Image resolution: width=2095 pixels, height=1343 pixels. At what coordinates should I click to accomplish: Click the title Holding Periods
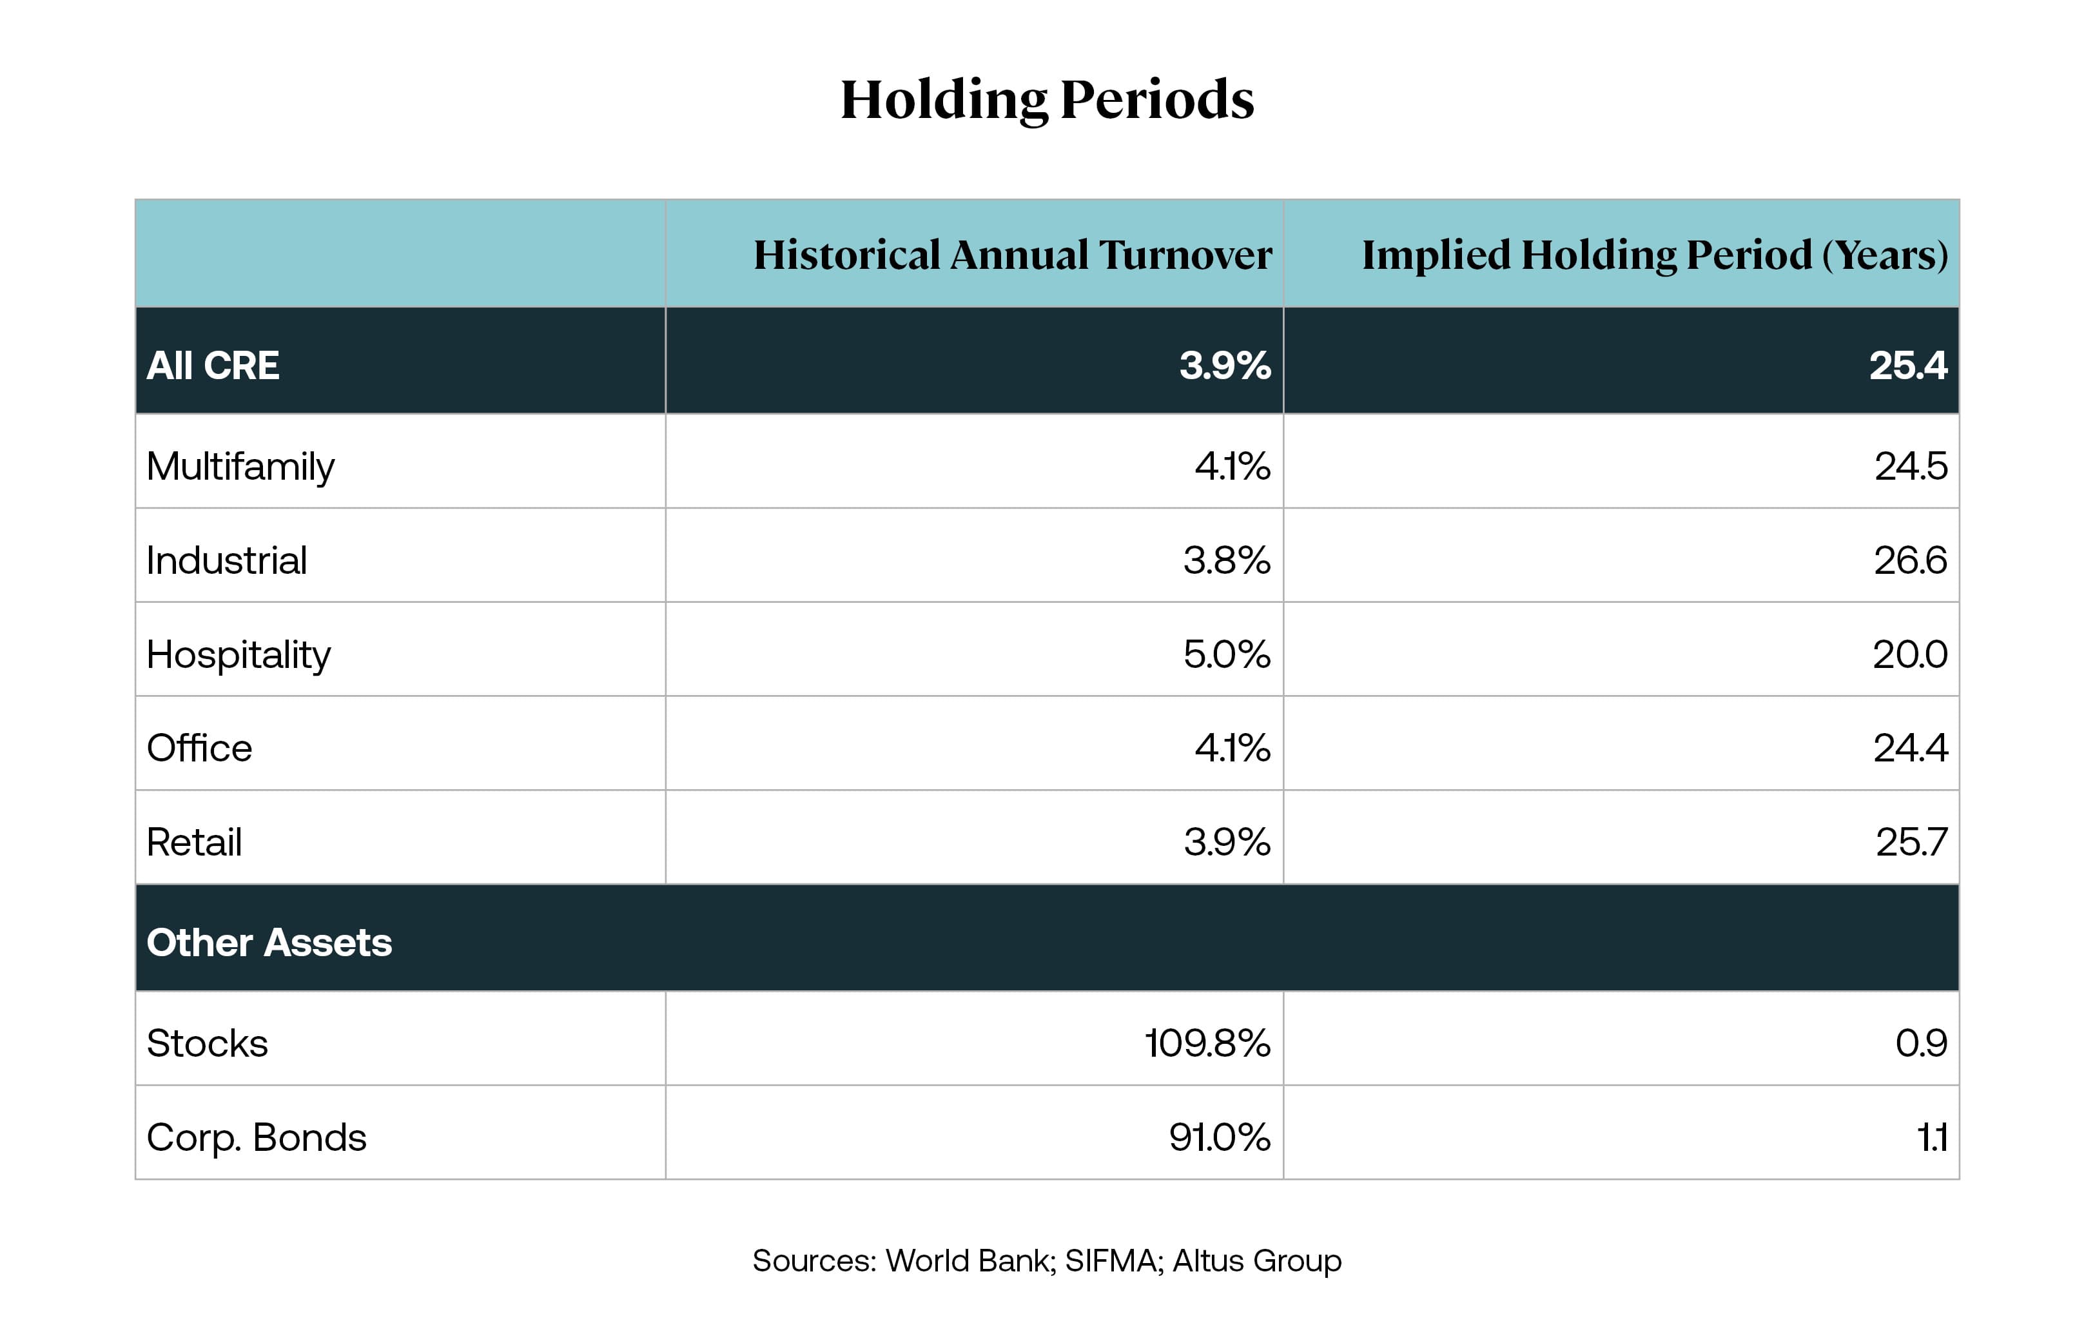1046,99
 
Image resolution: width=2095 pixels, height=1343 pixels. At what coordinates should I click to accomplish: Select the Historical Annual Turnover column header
1011,255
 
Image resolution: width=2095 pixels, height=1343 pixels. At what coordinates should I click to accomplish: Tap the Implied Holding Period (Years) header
1654,255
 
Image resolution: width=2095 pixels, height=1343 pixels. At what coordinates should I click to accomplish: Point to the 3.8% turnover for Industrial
1226,560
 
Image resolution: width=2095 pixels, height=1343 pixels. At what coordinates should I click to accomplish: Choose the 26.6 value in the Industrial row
1909,560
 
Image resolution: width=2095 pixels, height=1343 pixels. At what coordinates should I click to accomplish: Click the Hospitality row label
238,654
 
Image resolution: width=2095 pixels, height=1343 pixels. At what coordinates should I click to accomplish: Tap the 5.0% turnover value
1226,654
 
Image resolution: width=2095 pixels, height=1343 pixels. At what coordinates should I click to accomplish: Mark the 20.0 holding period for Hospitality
1909,654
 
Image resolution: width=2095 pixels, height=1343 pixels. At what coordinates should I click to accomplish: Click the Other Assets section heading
269,943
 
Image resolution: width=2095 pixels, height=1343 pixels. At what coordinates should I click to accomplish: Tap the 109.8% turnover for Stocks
1207,1043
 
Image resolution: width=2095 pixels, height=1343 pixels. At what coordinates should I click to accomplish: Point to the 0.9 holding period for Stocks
1921,1043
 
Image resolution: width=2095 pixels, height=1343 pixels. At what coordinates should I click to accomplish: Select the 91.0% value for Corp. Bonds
1219,1137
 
